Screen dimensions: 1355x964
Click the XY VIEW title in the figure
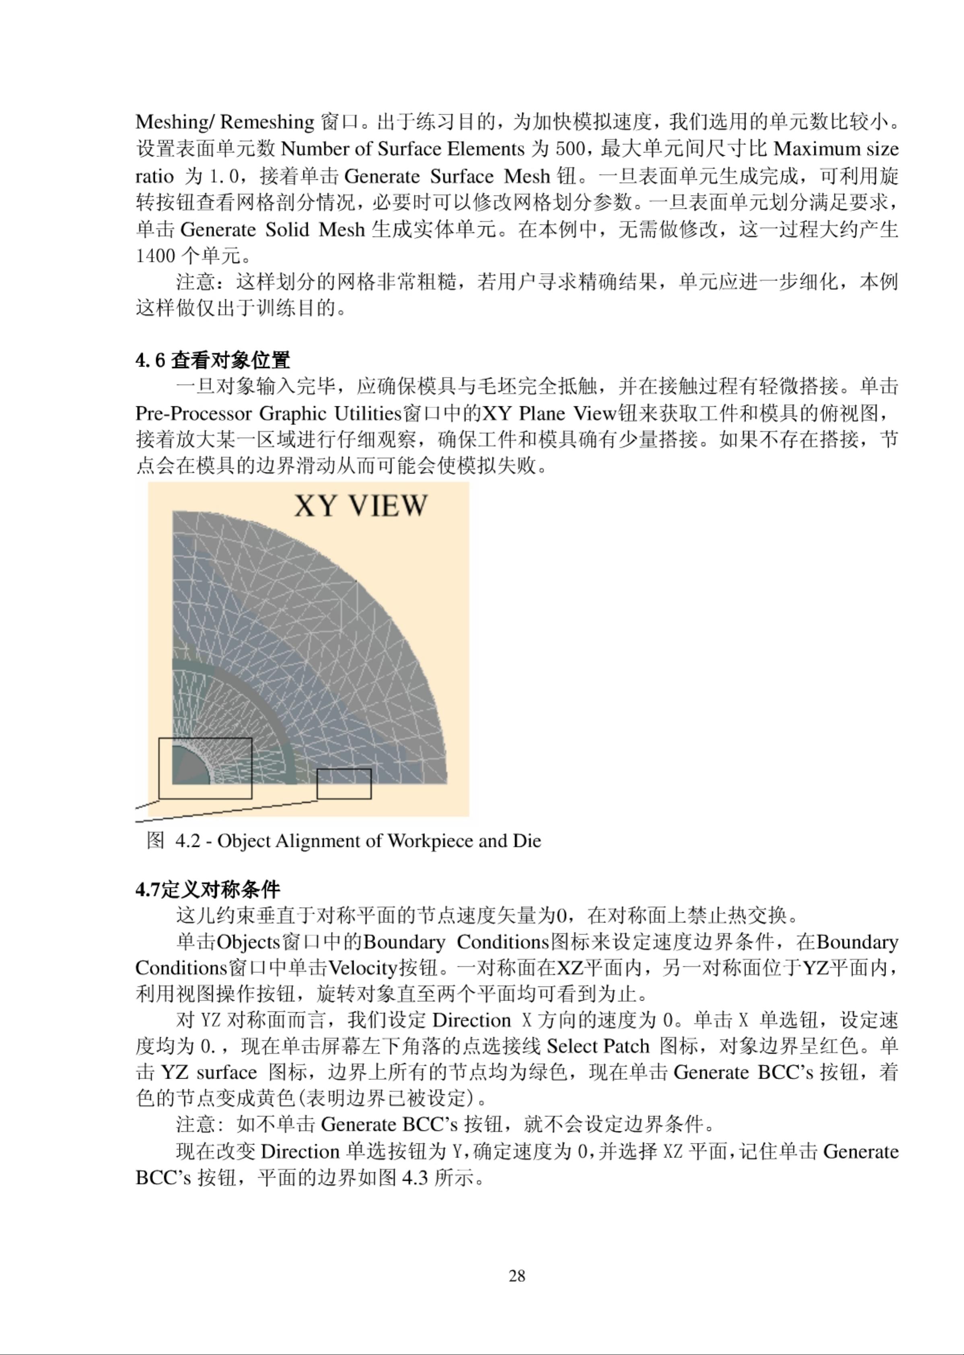(360, 506)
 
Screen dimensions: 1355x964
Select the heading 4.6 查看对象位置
(212, 360)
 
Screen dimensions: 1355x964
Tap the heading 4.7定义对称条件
(207, 890)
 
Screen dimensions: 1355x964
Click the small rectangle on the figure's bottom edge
(344, 783)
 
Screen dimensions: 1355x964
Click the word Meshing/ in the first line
(175, 122)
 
